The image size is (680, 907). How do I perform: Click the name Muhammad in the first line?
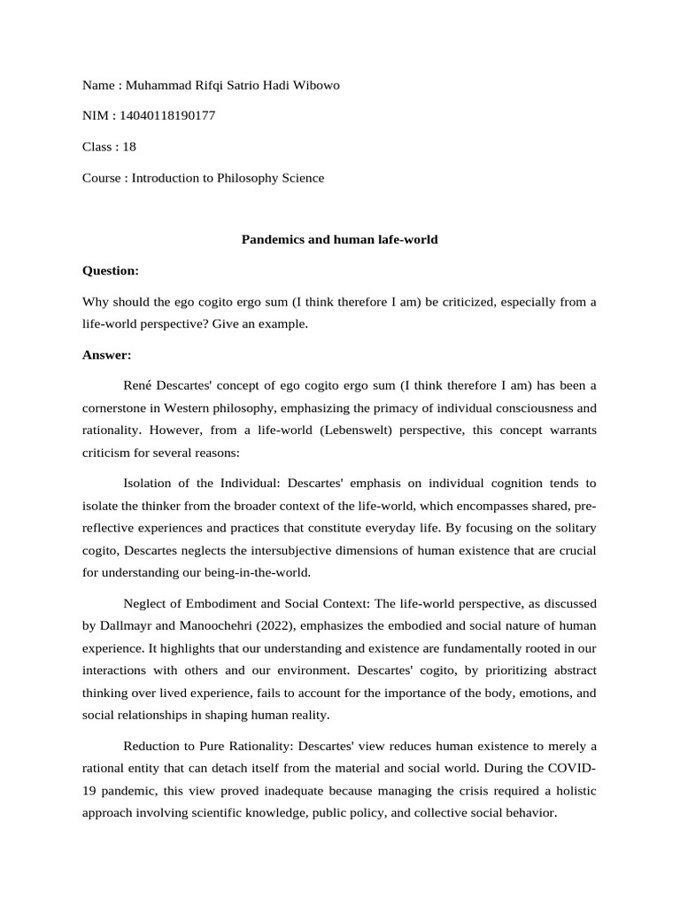(x=158, y=85)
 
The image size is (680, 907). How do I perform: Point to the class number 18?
(x=129, y=147)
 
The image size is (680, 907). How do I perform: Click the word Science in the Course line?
(x=302, y=178)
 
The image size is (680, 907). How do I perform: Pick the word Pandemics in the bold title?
(x=271, y=239)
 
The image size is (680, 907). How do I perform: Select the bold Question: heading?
(x=111, y=270)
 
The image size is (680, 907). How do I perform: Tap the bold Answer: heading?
(x=106, y=354)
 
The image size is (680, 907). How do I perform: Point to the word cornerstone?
(x=119, y=408)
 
